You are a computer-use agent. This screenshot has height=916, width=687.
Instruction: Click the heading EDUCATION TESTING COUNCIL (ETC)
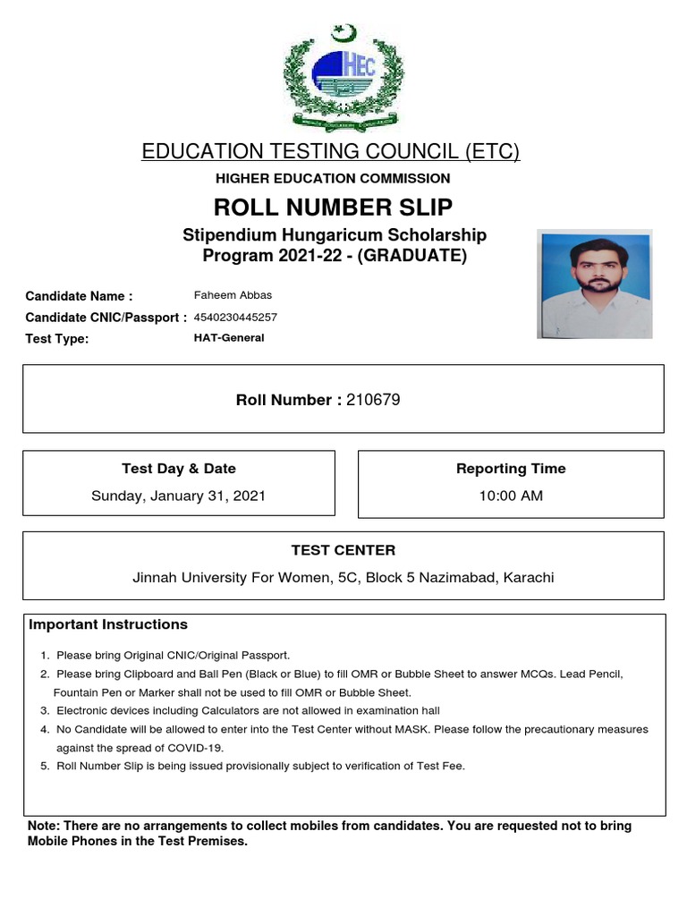[330, 151]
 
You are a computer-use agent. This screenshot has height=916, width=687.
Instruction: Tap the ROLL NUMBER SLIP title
[333, 208]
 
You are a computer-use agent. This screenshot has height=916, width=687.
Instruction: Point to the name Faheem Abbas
[233, 295]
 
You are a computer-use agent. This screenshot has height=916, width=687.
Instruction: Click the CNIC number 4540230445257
[235, 317]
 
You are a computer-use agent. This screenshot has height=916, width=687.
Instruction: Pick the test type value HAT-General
[229, 338]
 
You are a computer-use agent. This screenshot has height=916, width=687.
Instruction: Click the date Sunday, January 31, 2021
[178, 496]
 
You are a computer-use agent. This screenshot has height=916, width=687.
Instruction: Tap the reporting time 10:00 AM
[511, 496]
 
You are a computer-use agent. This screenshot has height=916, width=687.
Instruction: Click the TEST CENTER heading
[343, 550]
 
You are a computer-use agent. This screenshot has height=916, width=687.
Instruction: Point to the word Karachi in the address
[528, 578]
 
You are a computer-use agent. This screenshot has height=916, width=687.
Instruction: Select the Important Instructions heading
[108, 624]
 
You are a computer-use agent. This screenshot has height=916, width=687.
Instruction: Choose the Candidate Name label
[79, 296]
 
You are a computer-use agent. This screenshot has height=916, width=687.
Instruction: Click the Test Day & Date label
[178, 469]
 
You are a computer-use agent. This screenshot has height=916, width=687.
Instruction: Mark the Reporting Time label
[511, 469]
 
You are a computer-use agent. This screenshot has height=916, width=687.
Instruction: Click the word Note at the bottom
[43, 826]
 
